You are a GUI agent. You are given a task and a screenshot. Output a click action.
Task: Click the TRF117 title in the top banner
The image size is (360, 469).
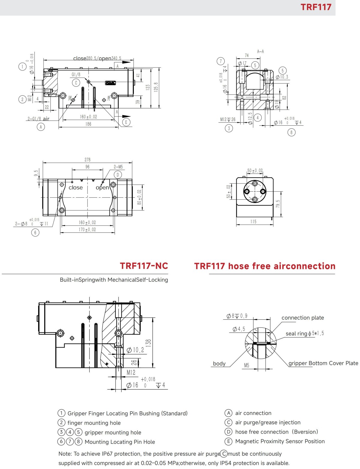tap(316, 7)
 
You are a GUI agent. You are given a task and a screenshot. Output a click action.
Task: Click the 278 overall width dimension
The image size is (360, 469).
tap(87, 160)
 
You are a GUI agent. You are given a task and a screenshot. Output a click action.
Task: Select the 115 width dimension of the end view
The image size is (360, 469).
tap(253, 222)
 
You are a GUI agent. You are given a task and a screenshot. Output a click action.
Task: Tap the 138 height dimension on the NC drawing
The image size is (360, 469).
tap(148, 343)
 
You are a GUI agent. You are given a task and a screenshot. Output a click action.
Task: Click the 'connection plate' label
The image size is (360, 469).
tap(302, 318)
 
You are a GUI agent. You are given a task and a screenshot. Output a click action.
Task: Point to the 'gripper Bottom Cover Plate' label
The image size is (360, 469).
tap(323, 363)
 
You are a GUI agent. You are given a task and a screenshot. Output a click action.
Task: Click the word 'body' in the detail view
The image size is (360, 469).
tap(219, 363)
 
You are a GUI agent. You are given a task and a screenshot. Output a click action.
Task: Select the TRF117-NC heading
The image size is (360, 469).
tap(144, 266)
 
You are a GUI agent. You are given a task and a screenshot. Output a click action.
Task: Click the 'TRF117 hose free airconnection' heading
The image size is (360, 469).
tap(265, 266)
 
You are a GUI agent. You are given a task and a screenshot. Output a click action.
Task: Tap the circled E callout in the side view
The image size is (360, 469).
tap(126, 122)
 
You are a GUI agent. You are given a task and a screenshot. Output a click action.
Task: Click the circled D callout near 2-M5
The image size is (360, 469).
tap(118, 175)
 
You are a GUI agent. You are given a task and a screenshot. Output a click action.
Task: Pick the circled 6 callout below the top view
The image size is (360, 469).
tap(35, 232)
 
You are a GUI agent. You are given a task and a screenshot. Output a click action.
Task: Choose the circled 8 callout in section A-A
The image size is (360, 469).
tap(291, 132)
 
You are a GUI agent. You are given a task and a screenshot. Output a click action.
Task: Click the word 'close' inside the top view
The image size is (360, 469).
tap(76, 188)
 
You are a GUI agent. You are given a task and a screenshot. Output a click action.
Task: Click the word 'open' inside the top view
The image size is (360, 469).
tap(102, 188)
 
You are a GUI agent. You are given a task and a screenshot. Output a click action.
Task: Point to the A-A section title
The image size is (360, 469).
tap(260, 52)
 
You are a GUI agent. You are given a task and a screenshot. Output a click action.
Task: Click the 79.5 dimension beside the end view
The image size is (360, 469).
tap(278, 204)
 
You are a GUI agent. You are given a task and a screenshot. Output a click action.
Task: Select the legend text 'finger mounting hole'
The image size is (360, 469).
tap(94, 423)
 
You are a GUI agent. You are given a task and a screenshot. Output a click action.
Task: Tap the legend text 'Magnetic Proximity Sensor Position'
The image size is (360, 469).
tap(280, 441)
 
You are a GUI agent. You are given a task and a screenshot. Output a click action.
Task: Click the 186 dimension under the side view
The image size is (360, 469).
tap(88, 124)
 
